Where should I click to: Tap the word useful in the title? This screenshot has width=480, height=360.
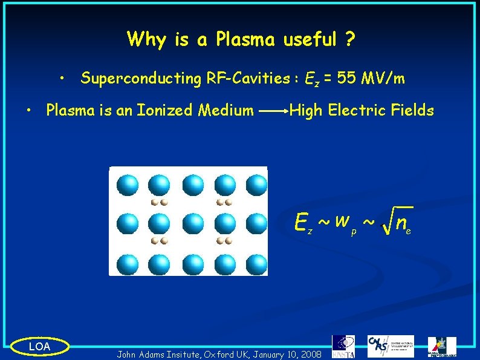click(308, 40)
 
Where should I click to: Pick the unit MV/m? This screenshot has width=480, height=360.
click(383, 79)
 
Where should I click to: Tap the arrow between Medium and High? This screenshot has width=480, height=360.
click(272, 111)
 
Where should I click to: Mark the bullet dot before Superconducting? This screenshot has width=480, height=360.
click(63, 79)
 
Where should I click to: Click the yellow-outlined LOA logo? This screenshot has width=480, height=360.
click(40, 346)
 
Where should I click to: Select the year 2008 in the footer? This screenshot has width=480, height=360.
click(310, 353)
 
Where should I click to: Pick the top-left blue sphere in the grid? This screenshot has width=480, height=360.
click(128, 185)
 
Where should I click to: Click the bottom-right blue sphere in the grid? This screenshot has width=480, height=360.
click(256, 264)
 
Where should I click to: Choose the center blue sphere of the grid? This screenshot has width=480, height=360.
click(192, 224)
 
